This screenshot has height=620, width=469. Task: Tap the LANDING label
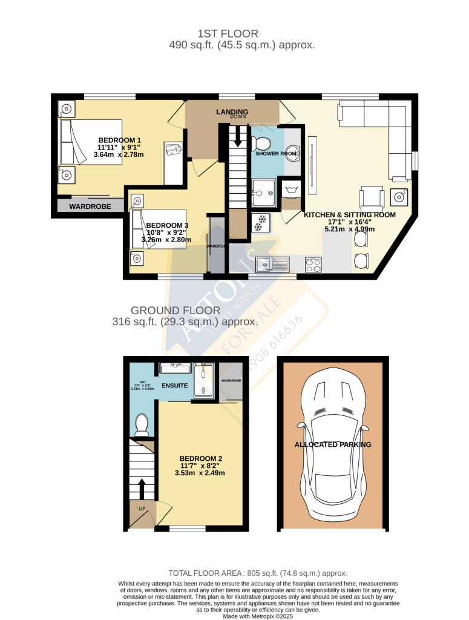232,112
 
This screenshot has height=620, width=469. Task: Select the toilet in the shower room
262,144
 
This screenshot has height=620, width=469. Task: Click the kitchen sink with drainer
272,264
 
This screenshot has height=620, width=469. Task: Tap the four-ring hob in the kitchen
313,264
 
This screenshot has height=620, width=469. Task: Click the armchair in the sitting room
371,197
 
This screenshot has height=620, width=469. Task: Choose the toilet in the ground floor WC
143,425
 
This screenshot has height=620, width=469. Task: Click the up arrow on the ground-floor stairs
143,487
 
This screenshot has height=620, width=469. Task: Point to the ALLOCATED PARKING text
333,444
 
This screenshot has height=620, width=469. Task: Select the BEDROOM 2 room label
201,458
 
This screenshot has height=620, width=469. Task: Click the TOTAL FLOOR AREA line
257,573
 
